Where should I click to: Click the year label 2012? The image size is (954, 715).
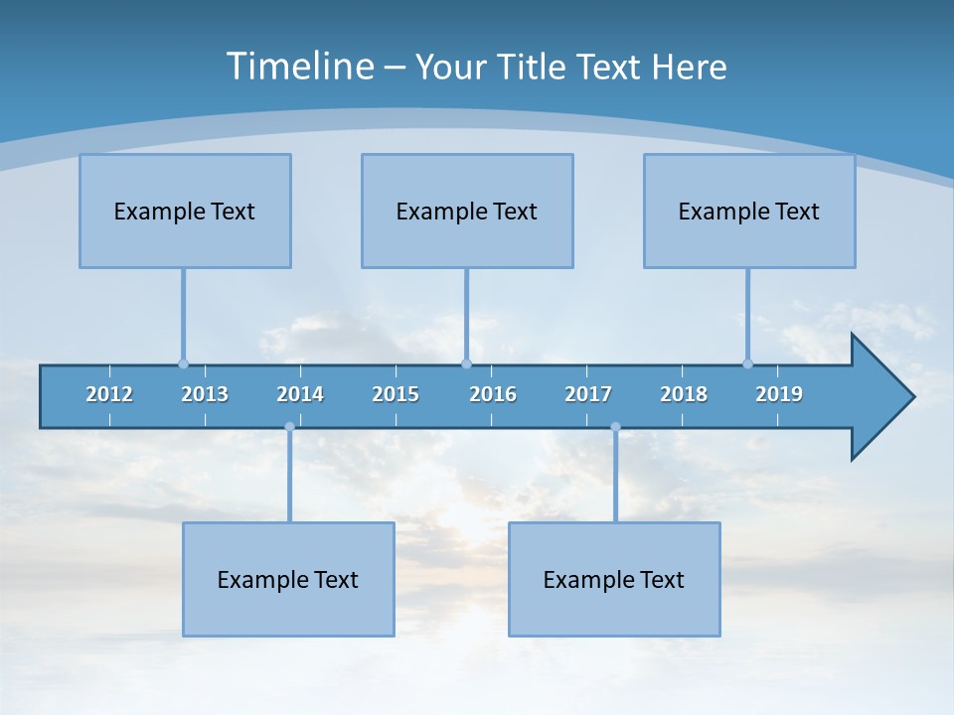coord(109,394)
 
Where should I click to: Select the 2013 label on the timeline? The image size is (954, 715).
coord(205,394)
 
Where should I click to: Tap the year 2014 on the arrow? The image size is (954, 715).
coord(300,394)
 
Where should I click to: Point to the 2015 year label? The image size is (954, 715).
coord(396,394)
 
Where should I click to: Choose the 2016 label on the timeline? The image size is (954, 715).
coord(493,394)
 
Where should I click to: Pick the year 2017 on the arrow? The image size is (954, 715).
coord(588,394)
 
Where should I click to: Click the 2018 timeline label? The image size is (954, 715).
coord(684,394)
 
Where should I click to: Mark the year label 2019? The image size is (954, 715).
coord(779,394)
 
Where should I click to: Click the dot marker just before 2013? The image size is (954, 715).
coord(183,363)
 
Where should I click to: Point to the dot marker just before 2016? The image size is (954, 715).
coord(466,363)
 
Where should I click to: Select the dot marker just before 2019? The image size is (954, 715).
coord(747,363)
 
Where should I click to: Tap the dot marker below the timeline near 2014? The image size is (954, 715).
coord(289,427)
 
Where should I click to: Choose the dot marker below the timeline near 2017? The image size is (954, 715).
coord(615,427)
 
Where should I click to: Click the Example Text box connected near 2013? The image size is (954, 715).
coord(185,211)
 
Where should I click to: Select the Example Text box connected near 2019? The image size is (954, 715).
coord(749,211)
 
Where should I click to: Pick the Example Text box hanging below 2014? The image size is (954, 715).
coord(288,579)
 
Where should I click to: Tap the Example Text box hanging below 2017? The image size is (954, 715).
coord(614,579)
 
